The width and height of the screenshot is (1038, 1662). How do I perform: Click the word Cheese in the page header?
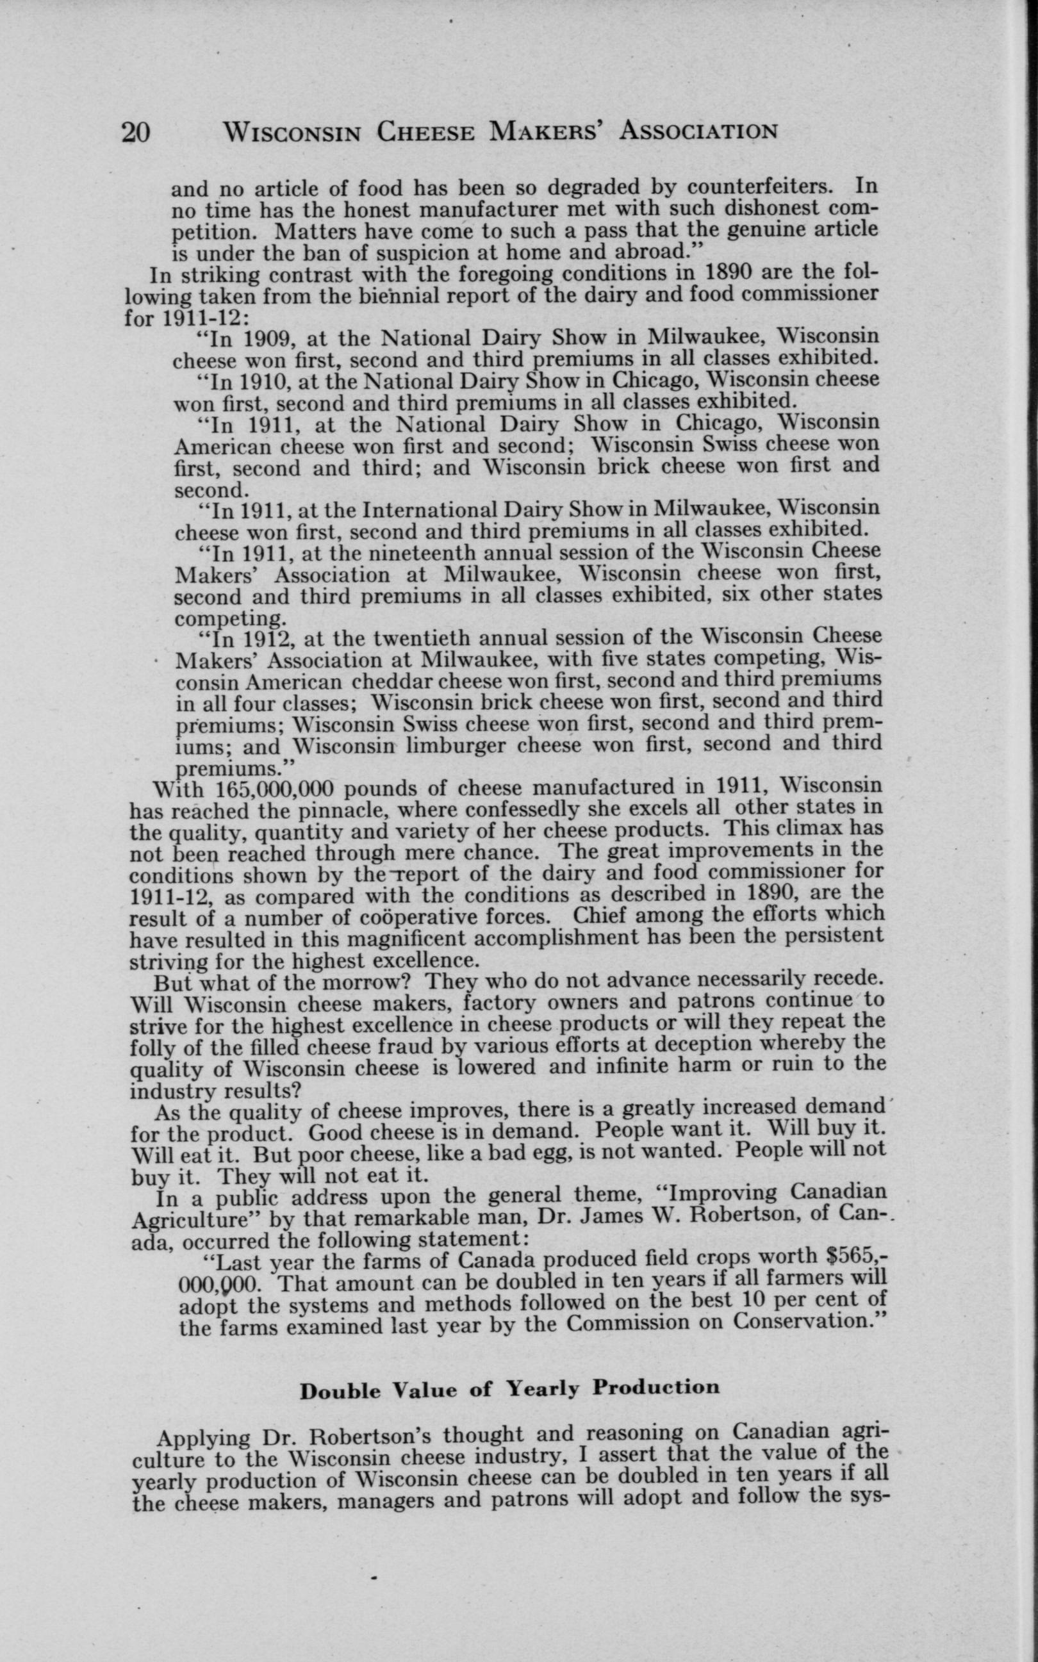[425, 131]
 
